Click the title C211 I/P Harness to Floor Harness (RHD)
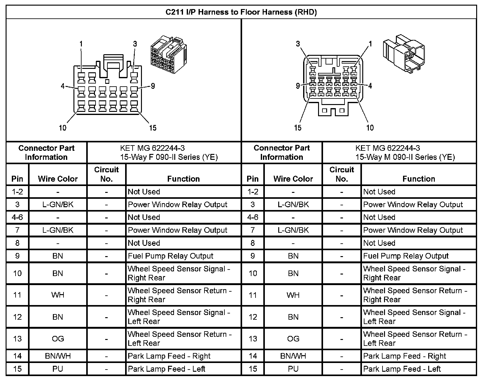pos(241,12)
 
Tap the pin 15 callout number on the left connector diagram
pos(152,128)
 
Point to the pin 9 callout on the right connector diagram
pos(298,86)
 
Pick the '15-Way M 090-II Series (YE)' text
pos(405,157)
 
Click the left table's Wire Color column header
pos(58,179)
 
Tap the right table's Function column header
pos(419,179)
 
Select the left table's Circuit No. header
pos(106,174)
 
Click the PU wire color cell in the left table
pos(58,369)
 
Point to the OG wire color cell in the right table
pos(293,339)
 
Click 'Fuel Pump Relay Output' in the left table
pos(171,256)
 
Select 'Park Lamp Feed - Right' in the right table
pos(405,356)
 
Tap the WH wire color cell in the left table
pos(58,295)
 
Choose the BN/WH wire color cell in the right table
pos(293,356)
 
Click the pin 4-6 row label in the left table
pos(17,217)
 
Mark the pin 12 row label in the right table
pos(253,317)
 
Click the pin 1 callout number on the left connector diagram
pos(81,44)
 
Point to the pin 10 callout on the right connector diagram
pos(370,128)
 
